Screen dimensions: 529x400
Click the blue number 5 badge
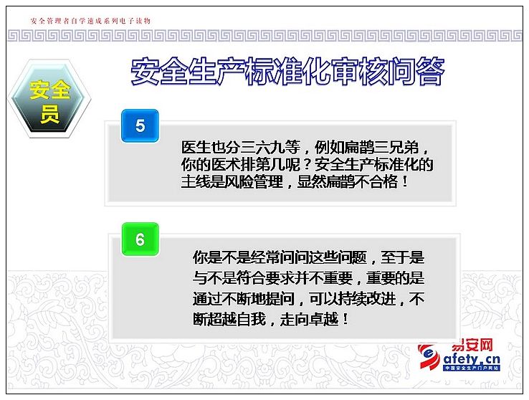pos(140,125)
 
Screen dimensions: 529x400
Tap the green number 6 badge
pos(140,239)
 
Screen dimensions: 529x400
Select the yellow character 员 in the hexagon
pos(49,114)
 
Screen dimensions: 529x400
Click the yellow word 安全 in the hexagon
pos(49,90)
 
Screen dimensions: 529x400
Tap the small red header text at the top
pos(90,21)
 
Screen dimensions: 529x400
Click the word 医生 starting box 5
pos(196,148)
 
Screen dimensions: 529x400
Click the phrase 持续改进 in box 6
pos(367,299)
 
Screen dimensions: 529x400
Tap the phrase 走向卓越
pos(309,319)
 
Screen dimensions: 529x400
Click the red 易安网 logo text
pos(472,345)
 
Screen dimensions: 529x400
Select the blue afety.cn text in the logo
pos(472,359)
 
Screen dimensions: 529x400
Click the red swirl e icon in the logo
pos(429,356)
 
